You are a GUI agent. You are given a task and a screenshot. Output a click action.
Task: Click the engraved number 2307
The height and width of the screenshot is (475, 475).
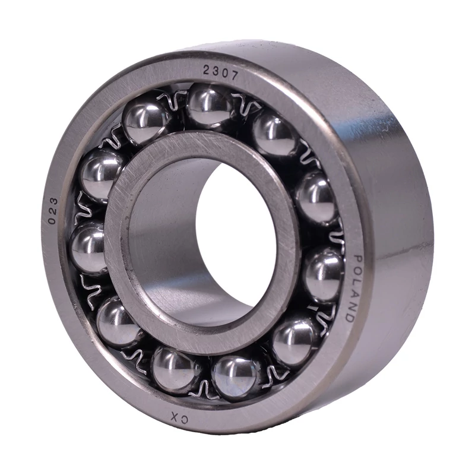[x=220, y=72]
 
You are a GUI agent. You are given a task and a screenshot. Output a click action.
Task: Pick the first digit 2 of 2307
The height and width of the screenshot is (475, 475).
[x=207, y=70]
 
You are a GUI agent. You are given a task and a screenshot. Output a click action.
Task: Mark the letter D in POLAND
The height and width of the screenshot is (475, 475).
[x=349, y=318]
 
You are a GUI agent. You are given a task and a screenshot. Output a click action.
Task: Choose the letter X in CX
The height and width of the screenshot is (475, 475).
[x=175, y=416]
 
